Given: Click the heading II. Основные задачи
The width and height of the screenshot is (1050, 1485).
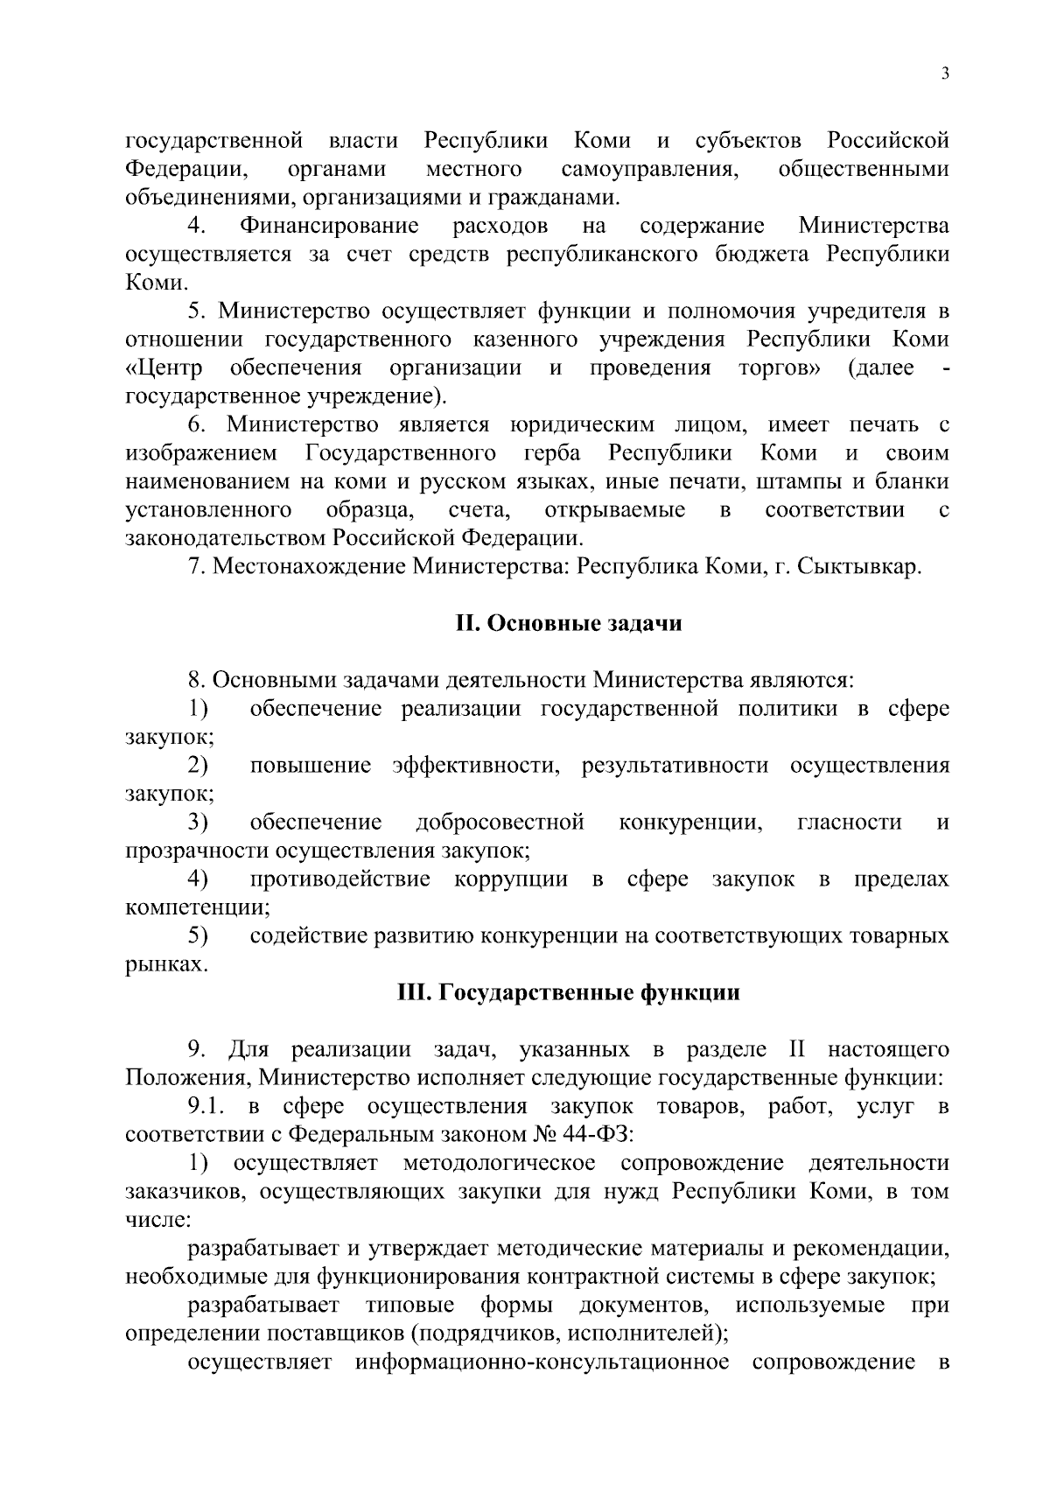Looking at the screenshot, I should (569, 624).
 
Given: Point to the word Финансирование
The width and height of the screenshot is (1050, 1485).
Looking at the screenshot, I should (329, 227).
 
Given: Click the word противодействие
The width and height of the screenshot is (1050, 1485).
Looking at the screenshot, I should (339, 879).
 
